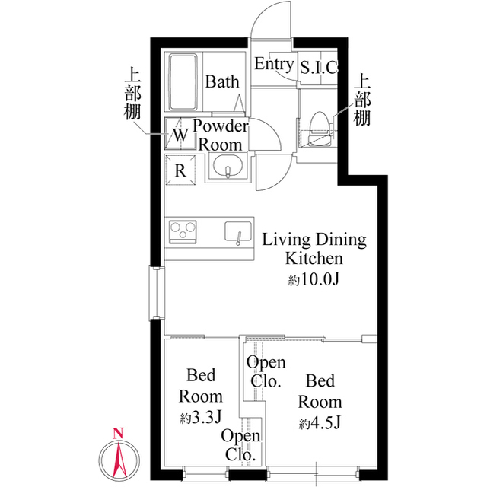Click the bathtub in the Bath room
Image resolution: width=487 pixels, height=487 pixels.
click(183, 82)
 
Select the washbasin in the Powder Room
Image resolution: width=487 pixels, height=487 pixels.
click(227, 167)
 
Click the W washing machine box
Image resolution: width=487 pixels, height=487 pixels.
click(180, 135)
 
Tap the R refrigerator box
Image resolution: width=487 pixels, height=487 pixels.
click(180, 170)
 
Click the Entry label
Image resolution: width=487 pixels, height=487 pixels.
click(273, 64)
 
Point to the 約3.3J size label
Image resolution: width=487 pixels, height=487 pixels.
click(200, 418)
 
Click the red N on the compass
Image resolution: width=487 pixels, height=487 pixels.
click(117, 434)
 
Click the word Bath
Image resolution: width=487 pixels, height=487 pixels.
click(222, 82)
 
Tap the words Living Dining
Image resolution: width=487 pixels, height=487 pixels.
click(314, 240)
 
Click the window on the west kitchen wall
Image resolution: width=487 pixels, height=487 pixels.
click(156, 294)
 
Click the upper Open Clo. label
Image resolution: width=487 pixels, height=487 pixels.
click(265, 371)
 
